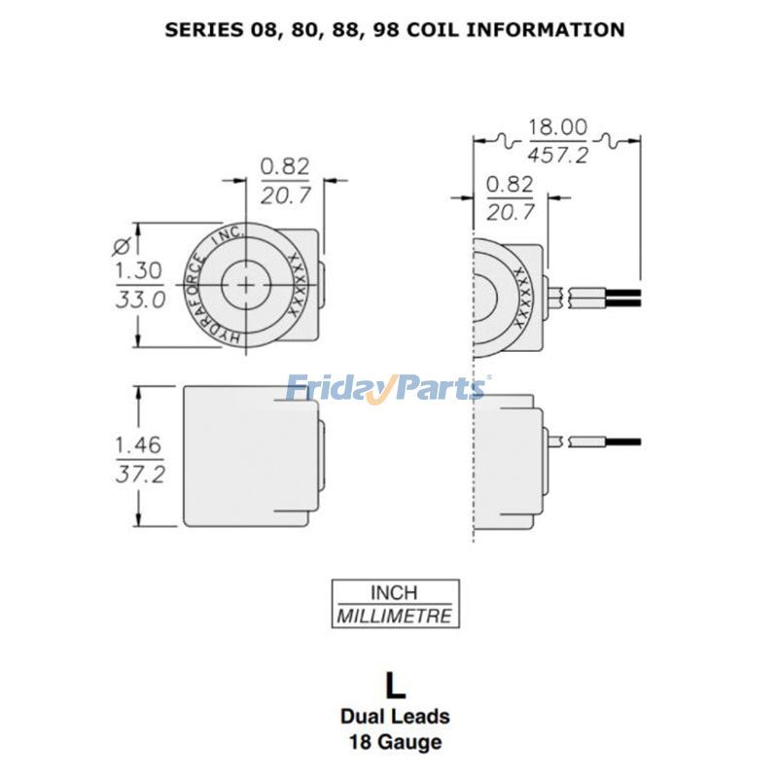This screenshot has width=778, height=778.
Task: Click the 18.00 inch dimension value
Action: click(x=557, y=127)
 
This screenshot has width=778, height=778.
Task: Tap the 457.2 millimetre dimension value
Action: click(x=557, y=154)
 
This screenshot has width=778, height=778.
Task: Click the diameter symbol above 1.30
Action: click(x=122, y=243)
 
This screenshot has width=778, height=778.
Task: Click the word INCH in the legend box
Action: click(x=394, y=592)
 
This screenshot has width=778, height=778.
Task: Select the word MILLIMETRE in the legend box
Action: click(x=394, y=616)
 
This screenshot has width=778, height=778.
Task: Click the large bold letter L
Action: click(x=394, y=685)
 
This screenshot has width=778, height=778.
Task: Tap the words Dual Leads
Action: click(x=394, y=717)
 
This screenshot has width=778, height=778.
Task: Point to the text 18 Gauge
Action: click(x=394, y=743)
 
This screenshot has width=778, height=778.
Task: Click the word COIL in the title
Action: click(x=430, y=29)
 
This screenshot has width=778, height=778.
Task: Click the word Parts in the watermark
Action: click(x=438, y=389)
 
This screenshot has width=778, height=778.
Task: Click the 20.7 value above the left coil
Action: click(x=285, y=195)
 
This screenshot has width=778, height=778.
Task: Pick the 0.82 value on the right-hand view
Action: click(x=509, y=183)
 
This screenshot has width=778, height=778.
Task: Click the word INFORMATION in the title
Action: click(x=546, y=29)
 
